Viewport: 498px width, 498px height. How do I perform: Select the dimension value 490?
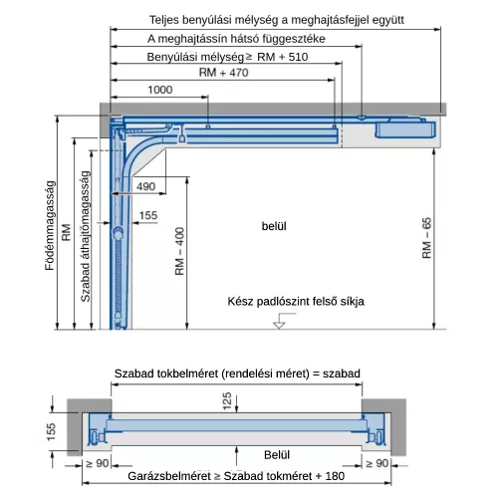[145, 186]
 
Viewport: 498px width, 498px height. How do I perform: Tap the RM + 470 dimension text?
[223, 72]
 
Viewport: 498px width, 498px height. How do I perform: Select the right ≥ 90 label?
[376, 463]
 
